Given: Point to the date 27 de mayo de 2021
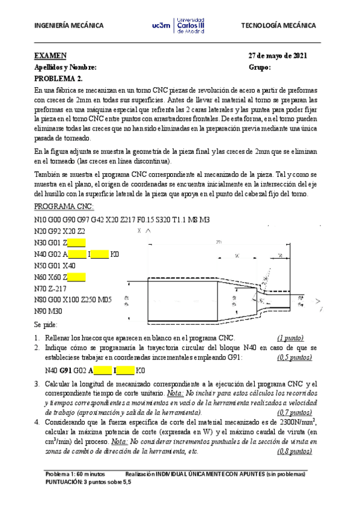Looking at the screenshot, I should (x=278, y=56).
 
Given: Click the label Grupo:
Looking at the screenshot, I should (x=260, y=67).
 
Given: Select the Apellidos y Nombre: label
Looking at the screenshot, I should (x=65, y=67).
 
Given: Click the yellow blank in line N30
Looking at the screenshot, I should (x=76, y=243).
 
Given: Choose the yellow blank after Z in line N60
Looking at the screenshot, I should (x=76, y=277).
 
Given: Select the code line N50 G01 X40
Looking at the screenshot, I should (x=55, y=265).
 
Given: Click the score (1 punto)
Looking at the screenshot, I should (x=290, y=338).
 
